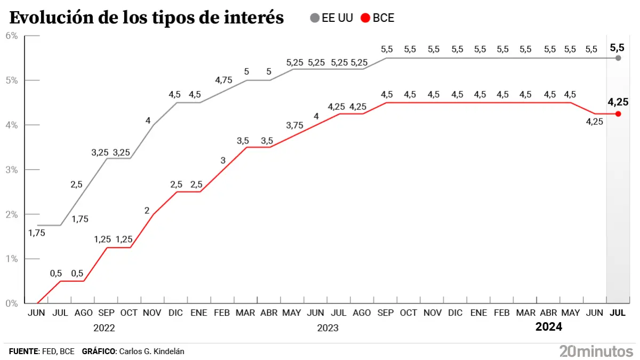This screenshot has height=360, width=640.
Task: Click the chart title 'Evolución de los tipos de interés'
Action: click(147, 18)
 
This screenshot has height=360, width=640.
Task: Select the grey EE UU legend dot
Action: click(315, 18)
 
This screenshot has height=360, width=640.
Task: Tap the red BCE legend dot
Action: click(365, 18)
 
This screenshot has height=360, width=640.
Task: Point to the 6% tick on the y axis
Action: click(12, 36)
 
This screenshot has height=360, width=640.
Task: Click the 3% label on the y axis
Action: click(12, 170)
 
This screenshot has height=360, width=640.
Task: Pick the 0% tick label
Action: click(12, 303)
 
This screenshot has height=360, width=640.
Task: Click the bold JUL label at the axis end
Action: click(618, 313)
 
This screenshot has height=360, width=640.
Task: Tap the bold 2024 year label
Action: click(549, 327)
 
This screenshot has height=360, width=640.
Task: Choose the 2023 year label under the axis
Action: click(327, 327)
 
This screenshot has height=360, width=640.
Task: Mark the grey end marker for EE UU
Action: click(618, 58)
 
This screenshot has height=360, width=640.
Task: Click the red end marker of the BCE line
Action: click(618, 114)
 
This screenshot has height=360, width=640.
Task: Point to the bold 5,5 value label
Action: click(617, 47)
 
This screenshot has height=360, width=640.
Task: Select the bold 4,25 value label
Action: click(618, 101)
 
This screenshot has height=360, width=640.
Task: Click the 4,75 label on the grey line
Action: click(224, 80)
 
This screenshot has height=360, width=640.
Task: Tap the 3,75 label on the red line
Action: click(295, 125)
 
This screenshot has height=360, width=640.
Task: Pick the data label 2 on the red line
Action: click(147, 210)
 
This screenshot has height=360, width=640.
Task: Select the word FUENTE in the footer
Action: click(24, 351)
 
